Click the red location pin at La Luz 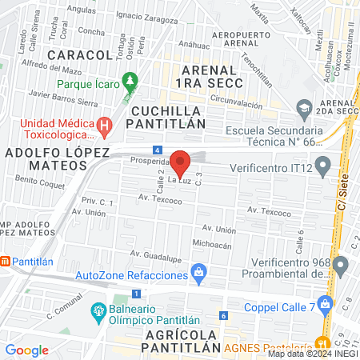pyautogui.click(x=181, y=162)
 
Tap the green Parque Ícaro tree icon pyautogui.click(x=130, y=82)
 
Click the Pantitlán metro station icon pyautogui.click(x=5, y=261)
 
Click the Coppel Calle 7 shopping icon pyautogui.click(x=324, y=303)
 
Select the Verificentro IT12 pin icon pyautogui.click(x=322, y=167)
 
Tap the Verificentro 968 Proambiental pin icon pyautogui.click(x=342, y=264)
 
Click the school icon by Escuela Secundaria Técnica pyautogui.click(x=303, y=107)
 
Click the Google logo pyautogui.click(x=26, y=350)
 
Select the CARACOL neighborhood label pyautogui.click(x=79, y=54)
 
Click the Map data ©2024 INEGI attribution pyautogui.click(x=312, y=354)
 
